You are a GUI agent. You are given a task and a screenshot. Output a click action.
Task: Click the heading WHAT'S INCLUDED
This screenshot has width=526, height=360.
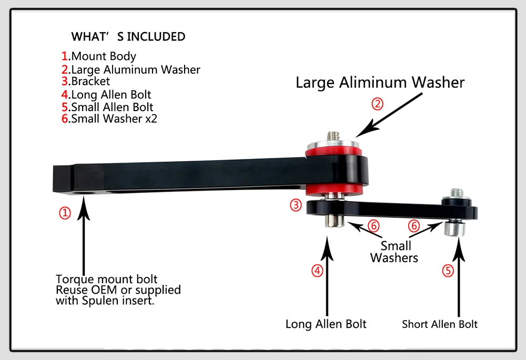pyautogui.click(x=128, y=37)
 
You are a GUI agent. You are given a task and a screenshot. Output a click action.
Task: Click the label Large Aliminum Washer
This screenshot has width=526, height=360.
pyautogui.click(x=380, y=83)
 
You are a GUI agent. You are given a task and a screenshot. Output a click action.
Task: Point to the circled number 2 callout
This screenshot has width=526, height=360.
pyautogui.click(x=377, y=104)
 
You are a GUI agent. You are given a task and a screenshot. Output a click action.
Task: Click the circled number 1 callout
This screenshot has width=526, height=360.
pyautogui.click(x=64, y=213)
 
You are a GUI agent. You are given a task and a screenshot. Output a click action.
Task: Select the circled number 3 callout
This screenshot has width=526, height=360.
pyautogui.click(x=296, y=205)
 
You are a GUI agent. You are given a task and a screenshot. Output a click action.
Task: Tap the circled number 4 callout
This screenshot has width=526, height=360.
pyautogui.click(x=317, y=271)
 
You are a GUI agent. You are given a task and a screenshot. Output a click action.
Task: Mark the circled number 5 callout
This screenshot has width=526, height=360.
pyautogui.click(x=448, y=271)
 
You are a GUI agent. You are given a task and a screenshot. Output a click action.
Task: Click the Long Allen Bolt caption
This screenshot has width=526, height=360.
pyautogui.click(x=326, y=324)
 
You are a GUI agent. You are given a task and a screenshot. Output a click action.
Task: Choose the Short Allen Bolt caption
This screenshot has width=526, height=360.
pyautogui.click(x=440, y=324)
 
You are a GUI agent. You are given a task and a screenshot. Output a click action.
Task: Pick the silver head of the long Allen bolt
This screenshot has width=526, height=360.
pyautogui.click(x=333, y=221)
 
